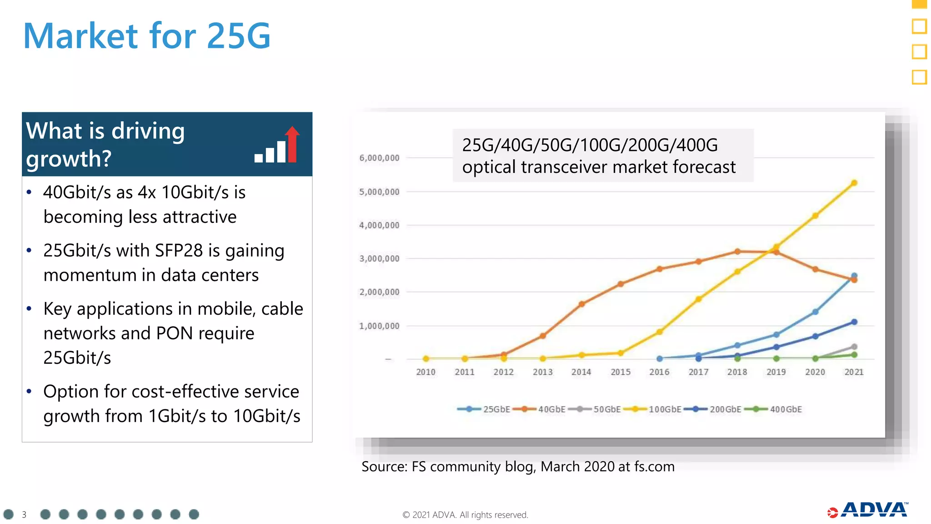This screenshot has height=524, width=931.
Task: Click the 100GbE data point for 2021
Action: pos(854,183)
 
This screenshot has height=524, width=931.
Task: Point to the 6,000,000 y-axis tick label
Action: pos(379,158)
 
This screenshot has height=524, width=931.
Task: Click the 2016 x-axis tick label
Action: pos(659,372)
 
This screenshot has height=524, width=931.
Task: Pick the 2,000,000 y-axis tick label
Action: pos(379,292)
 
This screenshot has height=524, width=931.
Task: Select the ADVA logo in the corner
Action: pos(868,510)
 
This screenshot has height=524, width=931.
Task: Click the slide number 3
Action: pos(24,514)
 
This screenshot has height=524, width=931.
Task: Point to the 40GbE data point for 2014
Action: pos(581,304)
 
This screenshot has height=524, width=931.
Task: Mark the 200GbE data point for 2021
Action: pos(854,322)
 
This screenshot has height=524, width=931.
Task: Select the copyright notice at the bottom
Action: pos(465,515)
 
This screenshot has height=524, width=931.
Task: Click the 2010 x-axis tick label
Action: pos(425,372)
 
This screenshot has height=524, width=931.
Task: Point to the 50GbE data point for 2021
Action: pos(854,347)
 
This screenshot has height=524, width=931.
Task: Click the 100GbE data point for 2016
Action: pos(659,332)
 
